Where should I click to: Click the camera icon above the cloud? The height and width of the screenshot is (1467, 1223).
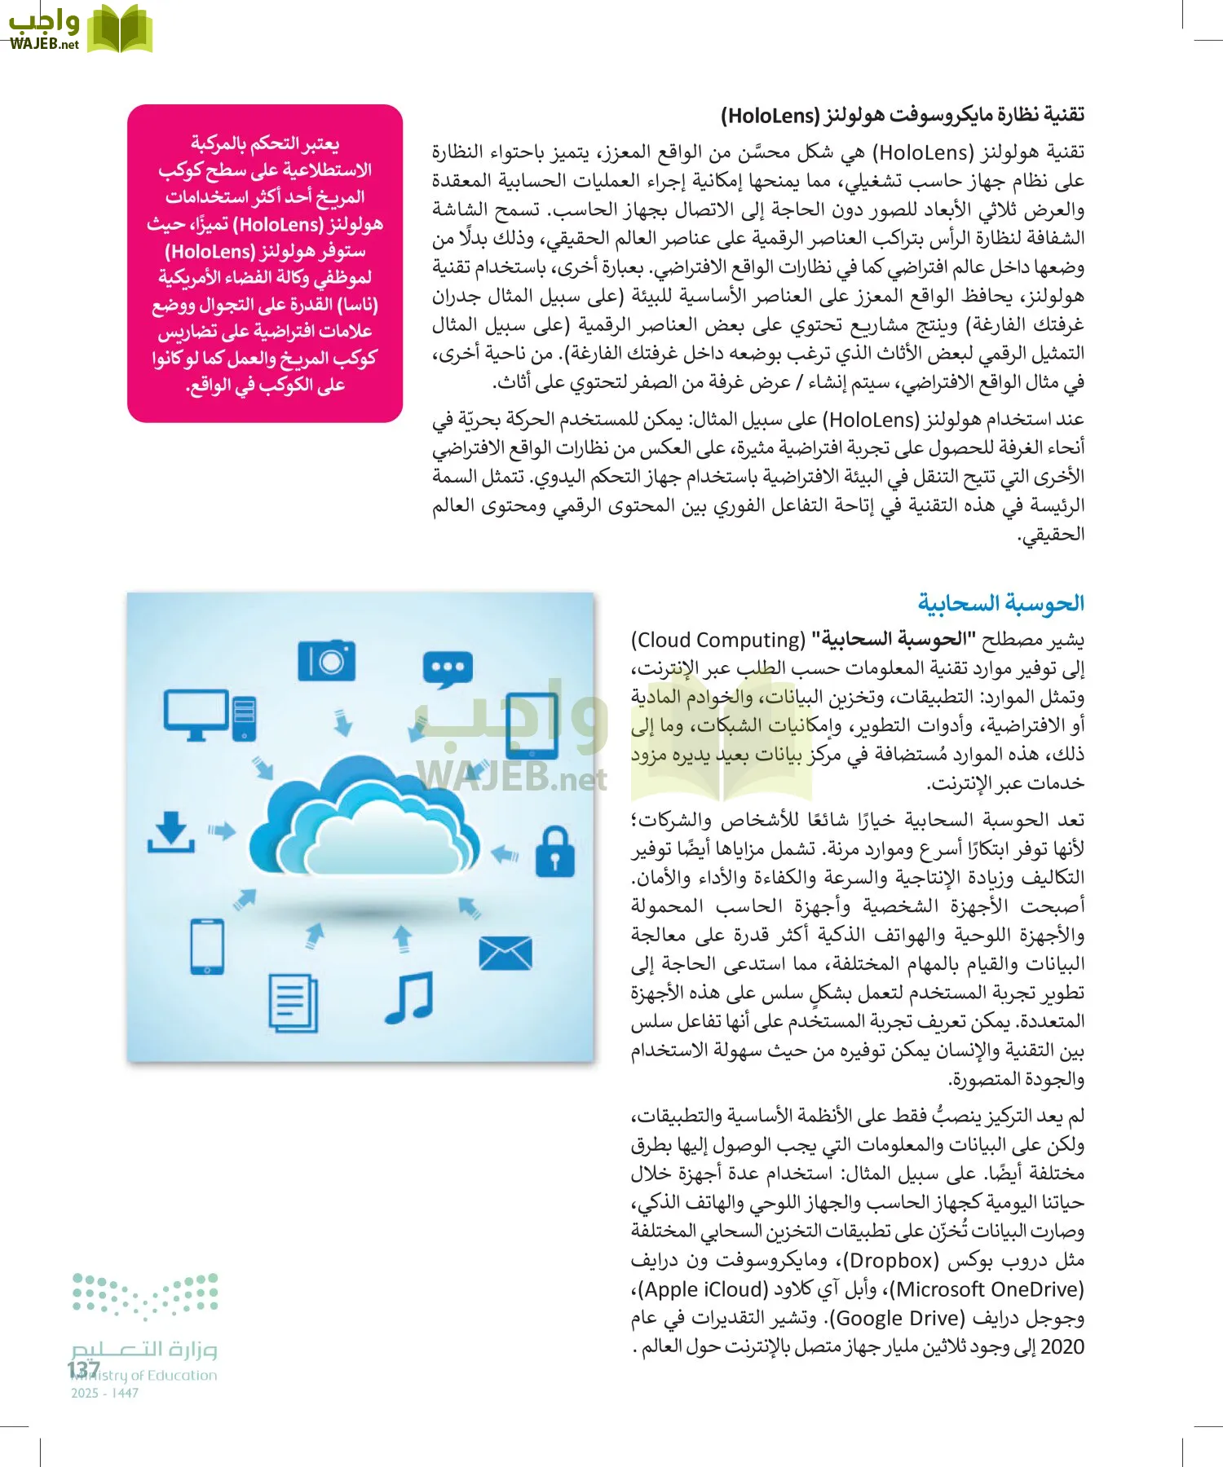tap(326, 660)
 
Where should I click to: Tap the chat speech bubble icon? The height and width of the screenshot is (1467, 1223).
tap(448, 670)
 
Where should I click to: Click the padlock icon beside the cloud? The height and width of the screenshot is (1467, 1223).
tap(554, 852)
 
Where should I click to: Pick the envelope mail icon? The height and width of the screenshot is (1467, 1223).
tap(506, 954)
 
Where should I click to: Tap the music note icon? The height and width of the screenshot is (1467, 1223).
tap(409, 997)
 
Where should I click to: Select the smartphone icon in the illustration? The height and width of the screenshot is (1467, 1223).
tap(206, 946)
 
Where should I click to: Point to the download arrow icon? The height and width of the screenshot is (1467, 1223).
tap(170, 832)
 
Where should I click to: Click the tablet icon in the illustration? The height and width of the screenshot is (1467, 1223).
tap(531, 725)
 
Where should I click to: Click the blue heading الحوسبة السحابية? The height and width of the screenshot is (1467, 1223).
tap(1000, 603)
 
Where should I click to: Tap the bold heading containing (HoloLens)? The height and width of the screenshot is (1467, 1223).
tap(902, 115)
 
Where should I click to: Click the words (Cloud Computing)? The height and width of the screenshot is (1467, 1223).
tap(718, 640)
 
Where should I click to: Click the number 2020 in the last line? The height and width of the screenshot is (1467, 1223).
tap(1062, 1346)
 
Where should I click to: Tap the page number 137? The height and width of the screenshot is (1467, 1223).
tap(83, 1369)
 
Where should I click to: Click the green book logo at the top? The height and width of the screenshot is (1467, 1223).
tap(119, 29)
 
